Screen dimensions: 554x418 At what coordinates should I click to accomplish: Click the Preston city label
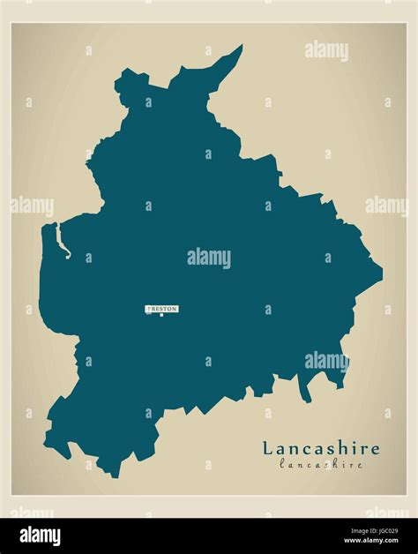[x=161, y=309]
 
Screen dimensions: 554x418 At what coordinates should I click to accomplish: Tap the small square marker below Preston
[x=161, y=315]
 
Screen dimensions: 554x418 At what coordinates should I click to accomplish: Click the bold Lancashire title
[x=320, y=448]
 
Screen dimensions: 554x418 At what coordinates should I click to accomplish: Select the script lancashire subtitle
[x=321, y=463]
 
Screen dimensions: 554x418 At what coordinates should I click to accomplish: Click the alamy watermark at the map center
[x=209, y=258]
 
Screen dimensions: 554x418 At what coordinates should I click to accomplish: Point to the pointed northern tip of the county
[x=241, y=47]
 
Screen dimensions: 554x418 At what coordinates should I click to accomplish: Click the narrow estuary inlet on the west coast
[x=60, y=241]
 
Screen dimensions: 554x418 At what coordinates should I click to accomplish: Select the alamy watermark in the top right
[x=326, y=50]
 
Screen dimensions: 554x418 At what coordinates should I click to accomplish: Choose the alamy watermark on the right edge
[x=386, y=206]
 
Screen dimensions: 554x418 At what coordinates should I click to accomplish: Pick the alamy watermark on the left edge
[x=32, y=206]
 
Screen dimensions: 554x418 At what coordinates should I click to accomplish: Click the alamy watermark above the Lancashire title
[x=326, y=360]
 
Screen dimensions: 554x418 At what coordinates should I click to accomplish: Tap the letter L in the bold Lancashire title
[x=266, y=448]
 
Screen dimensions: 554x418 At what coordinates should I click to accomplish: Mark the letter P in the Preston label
[x=149, y=309]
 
